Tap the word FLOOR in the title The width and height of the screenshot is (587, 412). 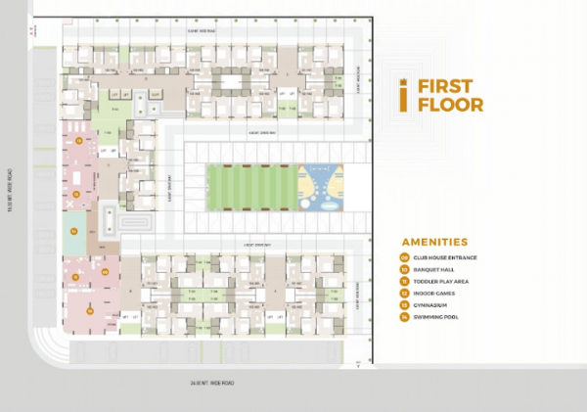click(x=450, y=104)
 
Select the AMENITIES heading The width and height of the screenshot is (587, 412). click(x=433, y=242)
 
